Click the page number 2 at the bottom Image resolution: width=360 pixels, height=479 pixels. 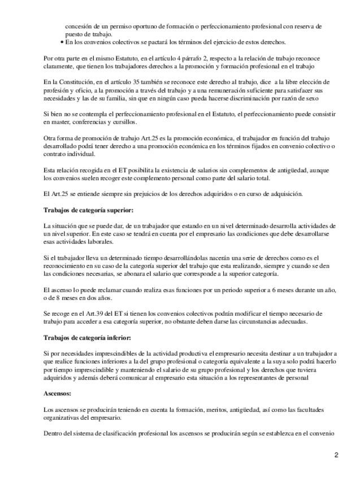336,455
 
